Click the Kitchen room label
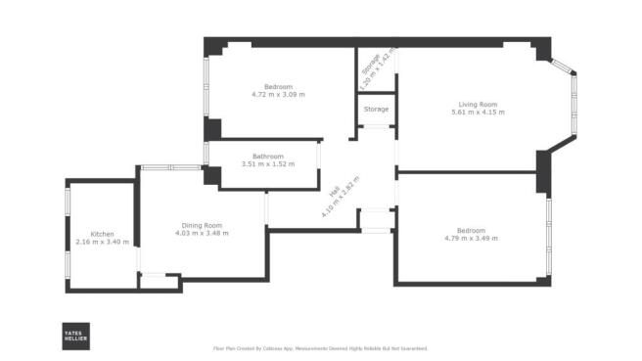click(x=103, y=234)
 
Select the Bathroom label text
click(x=267, y=157)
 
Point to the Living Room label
click(x=478, y=105)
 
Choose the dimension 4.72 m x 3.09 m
click(x=278, y=95)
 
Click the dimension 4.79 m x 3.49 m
click(x=471, y=239)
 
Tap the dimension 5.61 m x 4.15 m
click(x=478, y=113)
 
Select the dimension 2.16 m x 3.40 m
click(x=103, y=242)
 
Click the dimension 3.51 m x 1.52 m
click(x=267, y=164)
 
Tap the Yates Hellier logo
click(x=77, y=335)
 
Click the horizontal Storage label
click(x=376, y=109)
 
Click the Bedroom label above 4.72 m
click(x=278, y=87)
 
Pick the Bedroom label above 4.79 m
click(x=471, y=231)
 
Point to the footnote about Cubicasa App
click(x=320, y=348)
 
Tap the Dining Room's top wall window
click(x=171, y=167)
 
